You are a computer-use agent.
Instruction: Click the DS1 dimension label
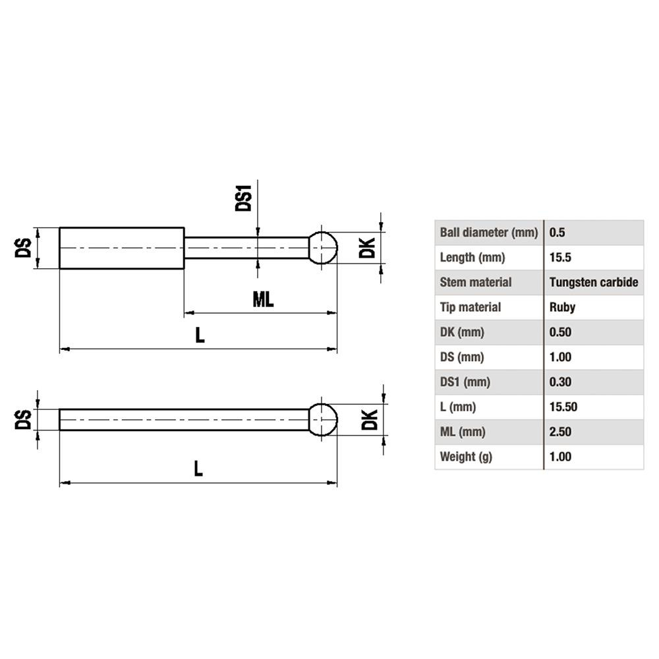(x=244, y=197)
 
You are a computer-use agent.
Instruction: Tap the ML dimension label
(x=263, y=300)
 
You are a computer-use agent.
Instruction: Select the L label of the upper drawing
(x=200, y=335)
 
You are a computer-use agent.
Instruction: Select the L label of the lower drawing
(x=198, y=469)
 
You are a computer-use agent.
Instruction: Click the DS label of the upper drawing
(x=24, y=248)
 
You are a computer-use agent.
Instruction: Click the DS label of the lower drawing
(x=24, y=419)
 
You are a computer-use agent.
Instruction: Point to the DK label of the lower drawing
(x=369, y=419)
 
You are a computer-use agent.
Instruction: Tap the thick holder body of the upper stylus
(x=121, y=248)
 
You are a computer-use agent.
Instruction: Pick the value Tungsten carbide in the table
(x=593, y=282)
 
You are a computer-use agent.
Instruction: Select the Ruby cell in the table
(x=562, y=307)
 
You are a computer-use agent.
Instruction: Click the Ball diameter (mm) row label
(x=488, y=233)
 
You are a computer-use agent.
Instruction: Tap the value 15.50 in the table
(x=563, y=407)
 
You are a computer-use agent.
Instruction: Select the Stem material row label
(x=475, y=282)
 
